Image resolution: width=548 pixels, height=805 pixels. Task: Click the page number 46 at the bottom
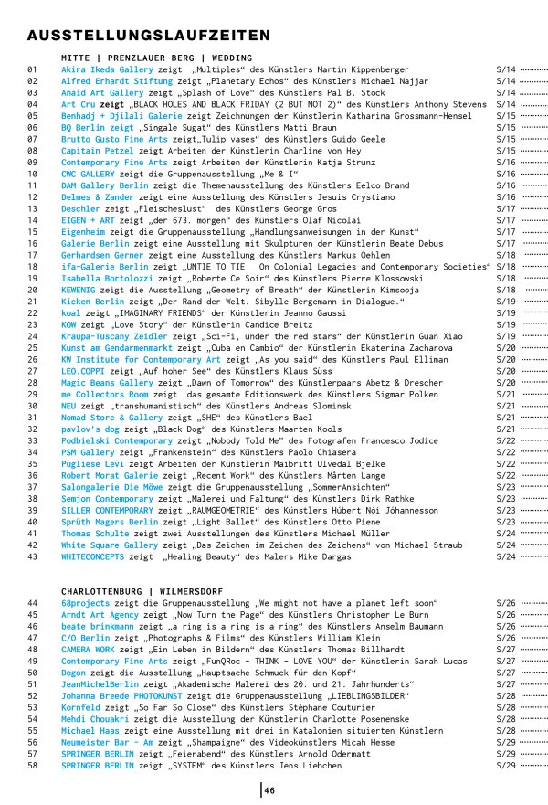coord(270,790)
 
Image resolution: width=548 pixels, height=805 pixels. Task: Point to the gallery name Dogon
coord(75,673)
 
